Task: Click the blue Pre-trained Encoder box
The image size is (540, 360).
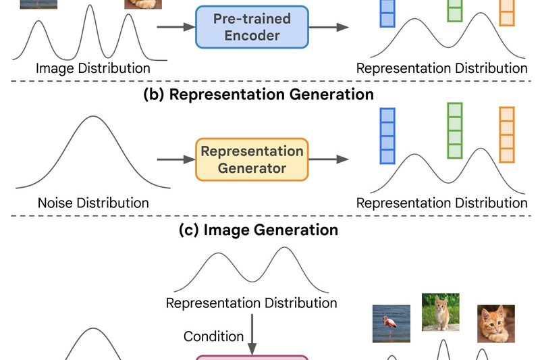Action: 252,27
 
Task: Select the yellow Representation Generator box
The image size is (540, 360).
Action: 252,159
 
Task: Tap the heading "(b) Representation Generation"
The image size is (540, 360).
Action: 259,94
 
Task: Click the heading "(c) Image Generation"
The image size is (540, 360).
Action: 259,230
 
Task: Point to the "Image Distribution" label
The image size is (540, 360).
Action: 93,68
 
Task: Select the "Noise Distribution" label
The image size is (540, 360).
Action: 93,203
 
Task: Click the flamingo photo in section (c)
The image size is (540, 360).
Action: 391,324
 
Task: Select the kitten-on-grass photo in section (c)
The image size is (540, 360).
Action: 441,311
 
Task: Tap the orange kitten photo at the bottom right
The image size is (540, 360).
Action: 496,324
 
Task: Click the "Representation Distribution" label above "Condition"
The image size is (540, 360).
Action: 252,303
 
